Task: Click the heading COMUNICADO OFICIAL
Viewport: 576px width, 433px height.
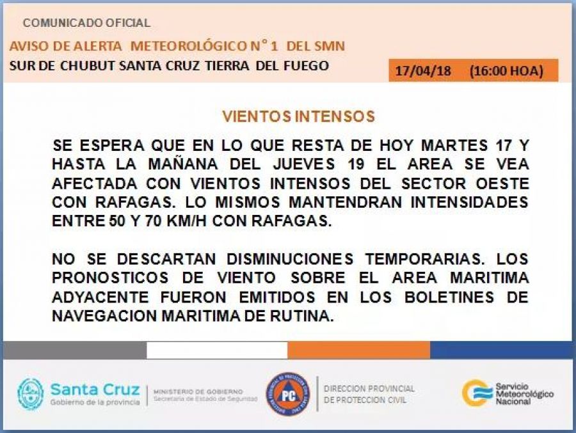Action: [x=86, y=23]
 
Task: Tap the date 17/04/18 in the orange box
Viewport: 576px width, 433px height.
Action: [x=423, y=70]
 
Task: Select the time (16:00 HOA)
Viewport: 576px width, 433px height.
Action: [x=506, y=70]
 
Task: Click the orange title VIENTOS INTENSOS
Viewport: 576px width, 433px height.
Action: [x=298, y=116]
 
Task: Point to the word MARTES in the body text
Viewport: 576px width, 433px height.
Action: [x=454, y=145]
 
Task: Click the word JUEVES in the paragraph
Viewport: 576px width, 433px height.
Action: [x=304, y=164]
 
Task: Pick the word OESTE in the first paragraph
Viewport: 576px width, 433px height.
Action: [x=502, y=184]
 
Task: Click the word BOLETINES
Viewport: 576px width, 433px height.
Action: [x=449, y=297]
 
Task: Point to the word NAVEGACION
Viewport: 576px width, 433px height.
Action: [x=104, y=316]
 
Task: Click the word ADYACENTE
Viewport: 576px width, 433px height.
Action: [x=100, y=297]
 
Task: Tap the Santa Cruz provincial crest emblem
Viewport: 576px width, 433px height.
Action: [x=31, y=394]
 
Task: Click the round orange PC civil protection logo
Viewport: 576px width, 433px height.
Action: [x=288, y=394]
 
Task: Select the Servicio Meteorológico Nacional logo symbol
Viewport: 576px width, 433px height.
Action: [x=477, y=393]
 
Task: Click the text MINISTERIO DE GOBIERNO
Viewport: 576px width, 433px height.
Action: [x=198, y=391]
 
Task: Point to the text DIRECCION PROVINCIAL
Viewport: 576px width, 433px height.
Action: [x=369, y=389]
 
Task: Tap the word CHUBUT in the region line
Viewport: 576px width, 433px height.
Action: [x=88, y=66]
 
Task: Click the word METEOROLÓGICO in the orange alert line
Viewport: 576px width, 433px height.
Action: [x=188, y=46]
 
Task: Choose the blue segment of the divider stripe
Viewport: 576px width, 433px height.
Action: [x=501, y=350]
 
